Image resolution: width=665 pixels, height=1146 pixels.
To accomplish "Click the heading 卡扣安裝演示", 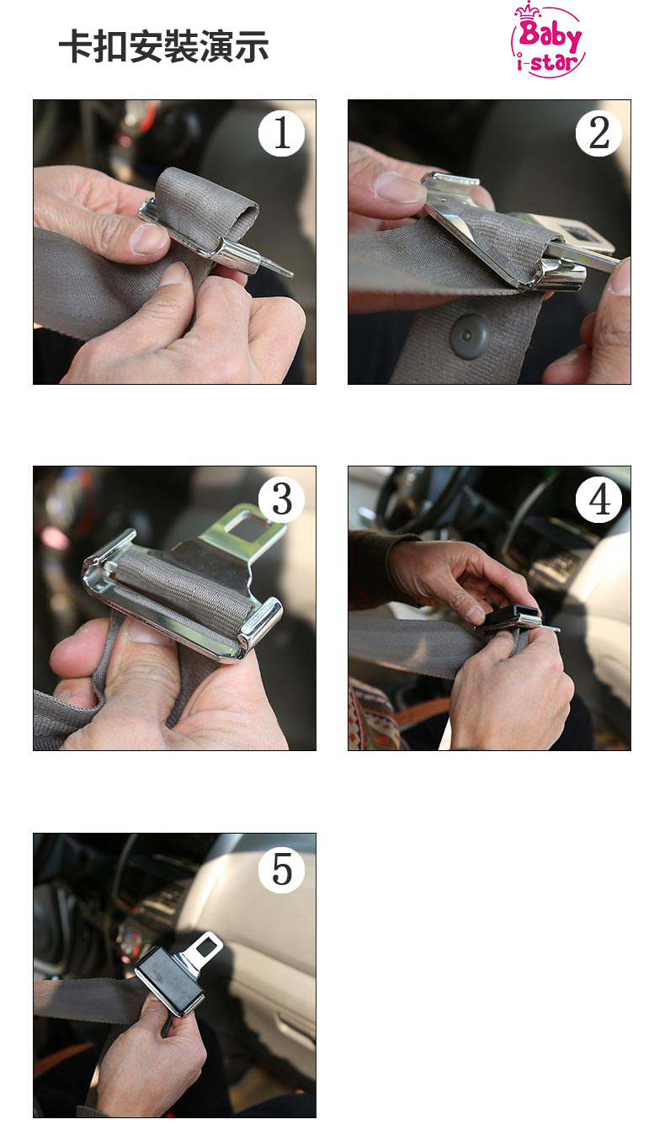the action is point(163,47).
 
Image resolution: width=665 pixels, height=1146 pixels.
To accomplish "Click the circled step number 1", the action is point(281,134).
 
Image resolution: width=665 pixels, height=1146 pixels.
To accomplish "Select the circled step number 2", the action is point(598,133).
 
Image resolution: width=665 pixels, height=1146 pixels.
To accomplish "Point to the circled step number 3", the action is point(281,499).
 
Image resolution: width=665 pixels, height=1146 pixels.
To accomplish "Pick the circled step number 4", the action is point(598,499).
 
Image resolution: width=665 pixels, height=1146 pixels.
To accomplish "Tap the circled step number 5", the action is point(281,870).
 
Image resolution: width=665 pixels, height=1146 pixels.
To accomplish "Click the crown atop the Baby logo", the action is point(528,10).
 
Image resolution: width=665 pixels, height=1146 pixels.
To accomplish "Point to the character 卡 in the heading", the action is point(77,47).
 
